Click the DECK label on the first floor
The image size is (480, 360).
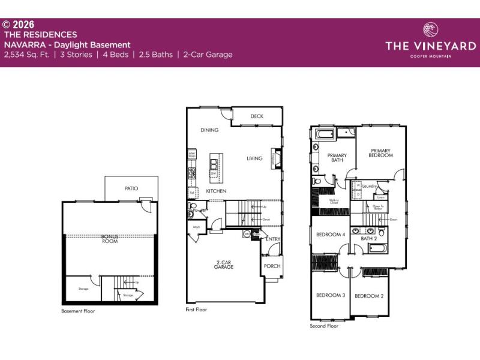click(257, 116)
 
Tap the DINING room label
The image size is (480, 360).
click(209, 130)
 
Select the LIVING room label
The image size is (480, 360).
click(255, 159)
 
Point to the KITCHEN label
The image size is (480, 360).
click(216, 191)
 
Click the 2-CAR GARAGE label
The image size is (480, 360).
click(225, 265)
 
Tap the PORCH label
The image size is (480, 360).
click(272, 266)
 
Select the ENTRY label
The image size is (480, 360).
click(273, 239)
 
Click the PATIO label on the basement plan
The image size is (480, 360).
click(131, 188)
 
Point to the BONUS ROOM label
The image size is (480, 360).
click(109, 238)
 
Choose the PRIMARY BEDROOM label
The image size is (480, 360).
click(380, 153)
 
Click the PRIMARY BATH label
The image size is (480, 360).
click(337, 158)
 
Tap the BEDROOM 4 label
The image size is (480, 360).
click(331, 235)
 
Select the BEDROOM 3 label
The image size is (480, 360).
click(331, 295)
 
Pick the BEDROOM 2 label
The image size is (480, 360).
click(368, 296)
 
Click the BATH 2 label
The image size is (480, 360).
click(368, 239)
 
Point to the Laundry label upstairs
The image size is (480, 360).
click(369, 187)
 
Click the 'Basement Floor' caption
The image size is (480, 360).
click(78, 311)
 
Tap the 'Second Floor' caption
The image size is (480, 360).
click(324, 326)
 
